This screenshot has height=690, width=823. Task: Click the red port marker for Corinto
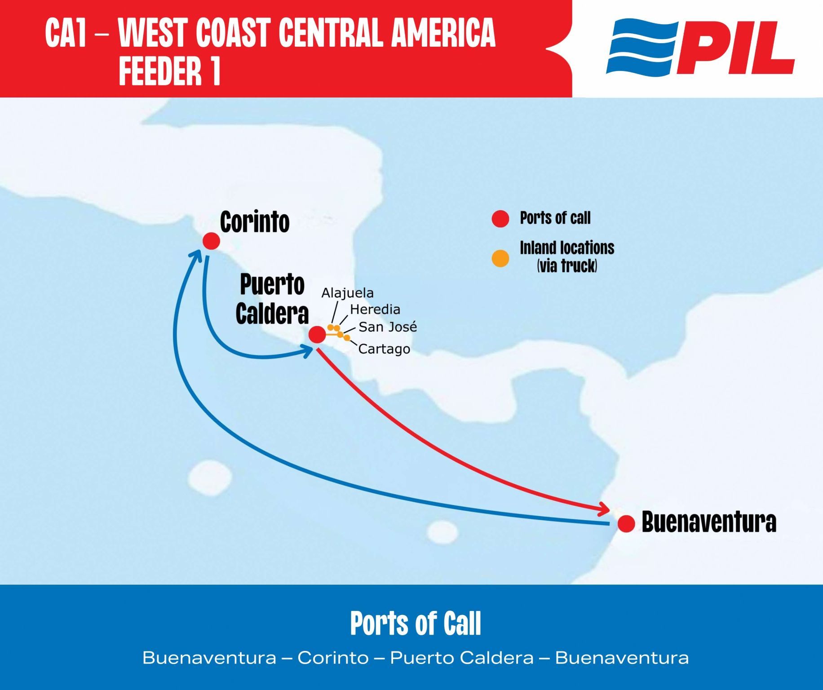tap(211, 241)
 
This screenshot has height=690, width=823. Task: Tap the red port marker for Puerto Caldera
tap(317, 334)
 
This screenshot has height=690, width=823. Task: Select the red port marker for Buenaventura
tap(626, 523)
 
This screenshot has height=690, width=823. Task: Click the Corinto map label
tap(255, 222)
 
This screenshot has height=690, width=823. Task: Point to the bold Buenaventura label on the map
tap(709, 522)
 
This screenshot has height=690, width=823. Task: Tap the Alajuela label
tap(347, 293)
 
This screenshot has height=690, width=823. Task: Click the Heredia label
tap(375, 310)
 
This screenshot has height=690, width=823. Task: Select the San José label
tap(388, 327)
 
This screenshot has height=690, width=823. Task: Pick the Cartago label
tap(384, 349)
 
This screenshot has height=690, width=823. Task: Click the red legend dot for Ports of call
tap(500, 219)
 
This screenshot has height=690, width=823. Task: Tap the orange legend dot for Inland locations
tap(500, 258)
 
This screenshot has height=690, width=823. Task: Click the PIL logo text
tap(735, 48)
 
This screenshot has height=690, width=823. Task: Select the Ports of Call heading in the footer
tap(416, 624)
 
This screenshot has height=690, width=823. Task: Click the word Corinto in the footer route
tap(333, 658)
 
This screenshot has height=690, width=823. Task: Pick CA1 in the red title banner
tap(66, 33)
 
